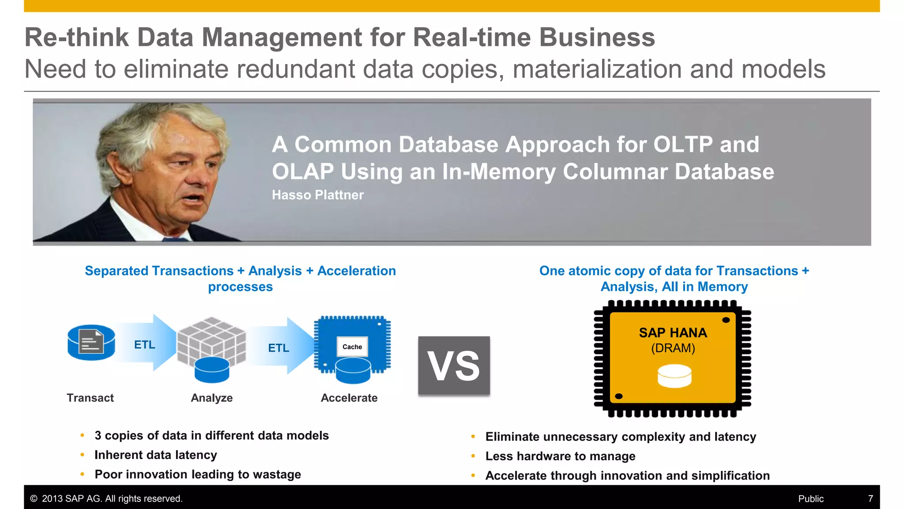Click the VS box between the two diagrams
[454, 365]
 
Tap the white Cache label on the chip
[352, 347]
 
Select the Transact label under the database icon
[90, 398]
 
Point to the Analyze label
[211, 398]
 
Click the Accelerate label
[349, 398]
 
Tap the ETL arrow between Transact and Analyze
[145, 344]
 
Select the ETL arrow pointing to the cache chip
[279, 348]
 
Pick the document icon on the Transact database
[91, 342]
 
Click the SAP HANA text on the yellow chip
[673, 333]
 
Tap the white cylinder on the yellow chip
[674, 376]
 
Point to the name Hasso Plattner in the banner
[317, 195]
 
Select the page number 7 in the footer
[870, 498]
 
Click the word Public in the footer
[810, 498]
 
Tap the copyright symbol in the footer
[34, 498]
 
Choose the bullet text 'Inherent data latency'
[155, 455]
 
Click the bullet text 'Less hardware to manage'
[560, 456]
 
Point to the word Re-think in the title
[76, 37]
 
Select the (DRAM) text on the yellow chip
[673, 348]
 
